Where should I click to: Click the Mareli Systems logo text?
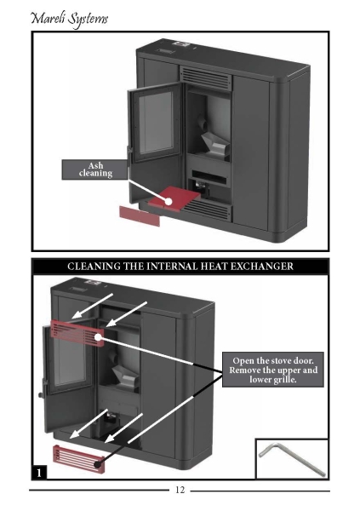point(69,19)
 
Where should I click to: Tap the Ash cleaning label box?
point(94,169)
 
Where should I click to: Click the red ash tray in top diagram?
point(174,198)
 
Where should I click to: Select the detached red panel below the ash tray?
point(140,215)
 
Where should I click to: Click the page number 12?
point(180,490)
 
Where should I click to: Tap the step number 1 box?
point(39,473)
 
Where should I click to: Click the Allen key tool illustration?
point(292,458)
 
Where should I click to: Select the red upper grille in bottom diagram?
point(77,333)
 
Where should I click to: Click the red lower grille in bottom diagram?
point(79,459)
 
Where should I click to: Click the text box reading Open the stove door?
point(273,370)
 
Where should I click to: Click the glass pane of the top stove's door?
point(156,122)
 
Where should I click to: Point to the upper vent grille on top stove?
point(205,78)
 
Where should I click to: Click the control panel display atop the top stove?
point(181,44)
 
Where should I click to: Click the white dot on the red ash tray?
point(169,201)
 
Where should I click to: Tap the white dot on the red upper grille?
point(98,337)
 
